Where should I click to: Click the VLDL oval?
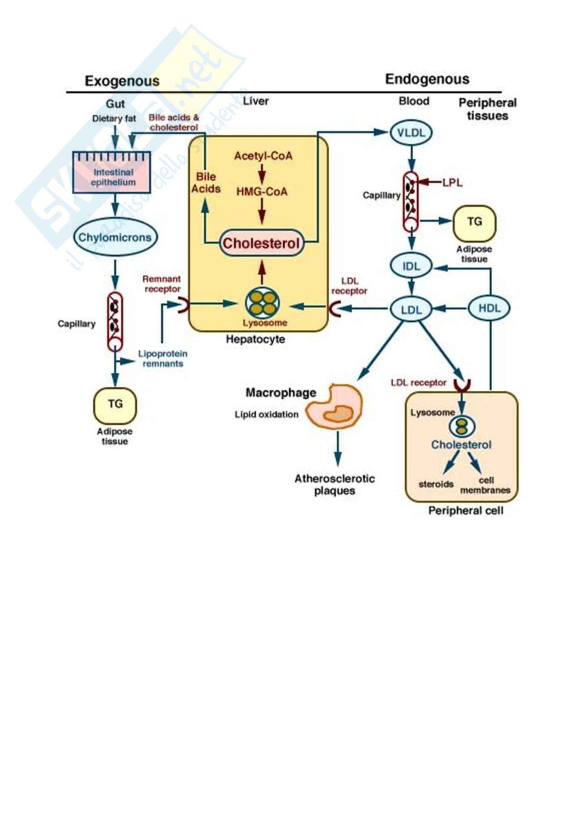click(x=411, y=133)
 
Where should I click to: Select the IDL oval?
click(x=411, y=266)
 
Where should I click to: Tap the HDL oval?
click(x=489, y=308)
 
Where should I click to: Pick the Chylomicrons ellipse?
click(x=115, y=237)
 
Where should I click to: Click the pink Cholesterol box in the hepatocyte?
click(x=261, y=244)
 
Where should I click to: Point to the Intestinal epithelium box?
click(x=112, y=173)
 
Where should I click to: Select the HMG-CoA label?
click(x=262, y=192)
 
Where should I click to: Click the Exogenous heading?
click(x=122, y=81)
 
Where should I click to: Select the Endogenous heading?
click(x=427, y=79)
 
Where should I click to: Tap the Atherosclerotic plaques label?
click(x=335, y=485)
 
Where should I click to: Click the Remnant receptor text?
click(x=162, y=284)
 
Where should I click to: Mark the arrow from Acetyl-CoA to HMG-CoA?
click(x=262, y=174)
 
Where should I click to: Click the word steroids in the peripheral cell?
click(x=436, y=484)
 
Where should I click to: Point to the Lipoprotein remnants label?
click(x=163, y=359)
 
